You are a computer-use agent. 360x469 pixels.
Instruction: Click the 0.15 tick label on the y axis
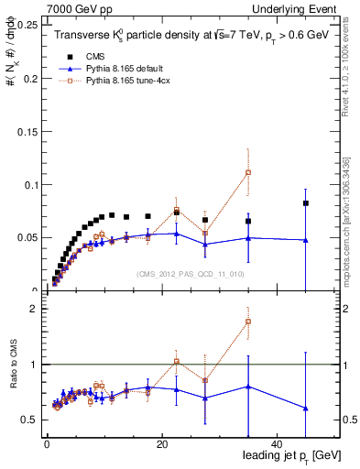[27, 131]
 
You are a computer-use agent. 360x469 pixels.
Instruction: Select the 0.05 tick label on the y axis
[27, 237]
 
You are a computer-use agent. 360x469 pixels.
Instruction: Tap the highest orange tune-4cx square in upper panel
[248, 173]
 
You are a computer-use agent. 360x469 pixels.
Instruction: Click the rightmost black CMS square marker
[306, 203]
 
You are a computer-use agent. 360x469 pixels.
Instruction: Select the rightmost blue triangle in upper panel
[306, 240]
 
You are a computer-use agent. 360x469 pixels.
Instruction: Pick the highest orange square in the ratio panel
[248, 322]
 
